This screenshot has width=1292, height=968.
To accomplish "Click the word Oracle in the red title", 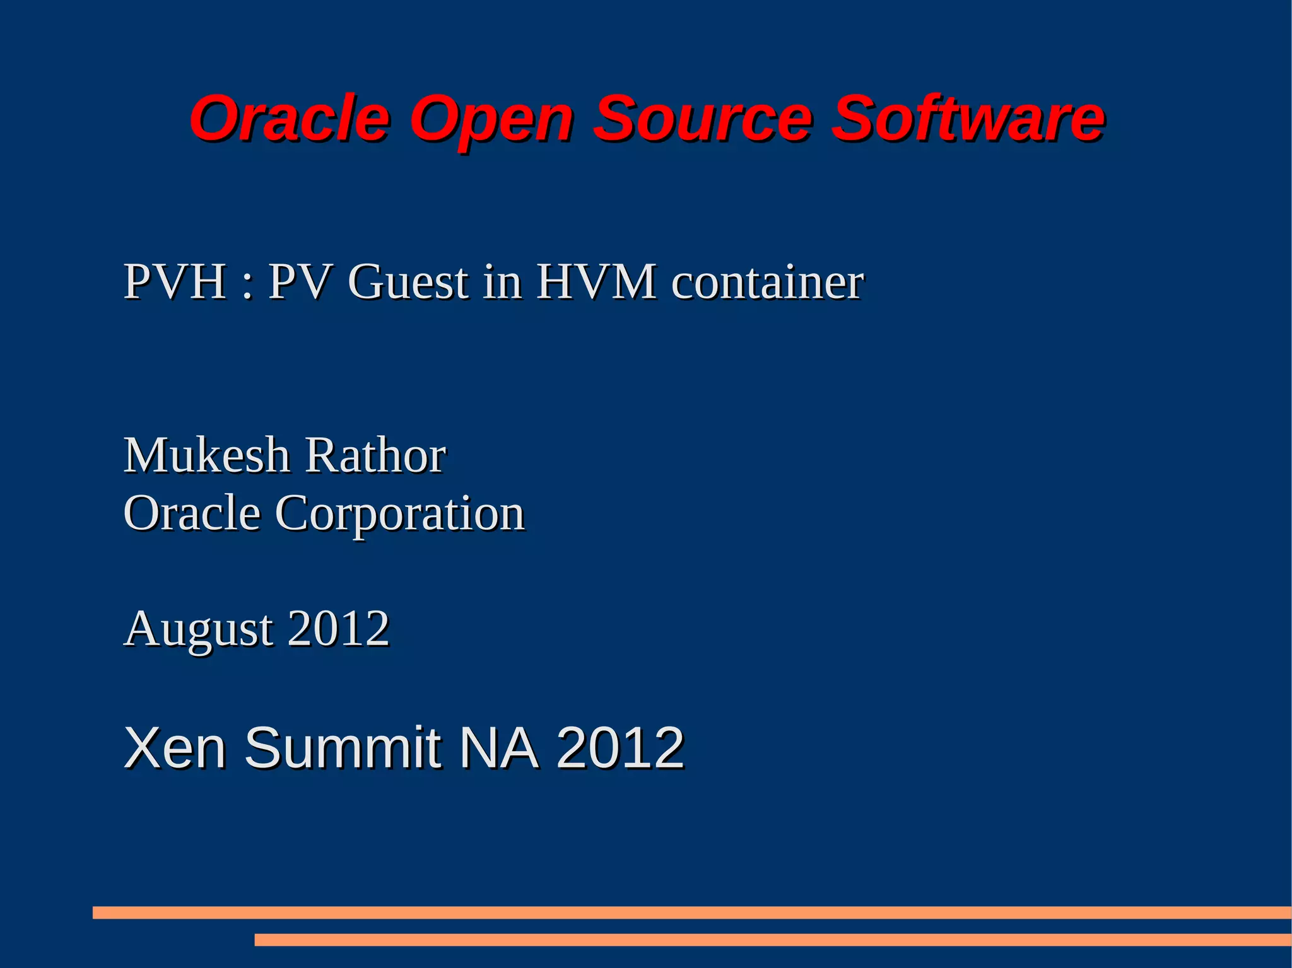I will pyautogui.click(x=290, y=118).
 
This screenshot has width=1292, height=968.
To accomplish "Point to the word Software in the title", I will pyautogui.click(x=968, y=118).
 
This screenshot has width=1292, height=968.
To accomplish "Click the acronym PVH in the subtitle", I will pyautogui.click(x=175, y=281).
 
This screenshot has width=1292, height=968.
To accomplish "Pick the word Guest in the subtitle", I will pyautogui.click(x=408, y=281).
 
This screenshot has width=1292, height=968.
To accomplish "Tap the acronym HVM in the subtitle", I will pyautogui.click(x=596, y=281).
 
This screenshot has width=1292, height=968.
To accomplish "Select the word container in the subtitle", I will pyautogui.click(x=767, y=281).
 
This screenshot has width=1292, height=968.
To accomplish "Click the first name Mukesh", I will pyautogui.click(x=206, y=455).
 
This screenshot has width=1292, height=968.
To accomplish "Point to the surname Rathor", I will pyautogui.click(x=375, y=455).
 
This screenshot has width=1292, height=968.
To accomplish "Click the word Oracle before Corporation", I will pyautogui.click(x=192, y=513).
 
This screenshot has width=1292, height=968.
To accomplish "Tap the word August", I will pyautogui.click(x=199, y=629).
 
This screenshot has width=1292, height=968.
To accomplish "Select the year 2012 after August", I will pyautogui.click(x=339, y=628).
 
